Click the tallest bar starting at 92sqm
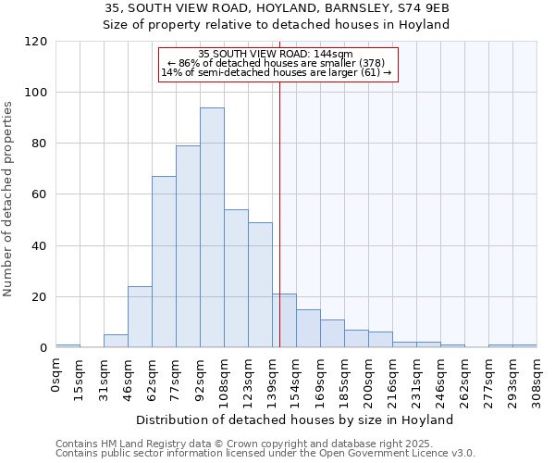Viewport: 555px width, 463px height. pos(212,228)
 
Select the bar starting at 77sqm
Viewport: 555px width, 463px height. pos(188,246)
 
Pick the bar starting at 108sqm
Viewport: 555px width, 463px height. pos(236,279)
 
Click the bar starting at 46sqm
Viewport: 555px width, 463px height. pos(140,317)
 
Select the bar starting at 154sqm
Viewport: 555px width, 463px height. pos(308,329)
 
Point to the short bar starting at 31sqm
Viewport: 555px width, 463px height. pos(116,341)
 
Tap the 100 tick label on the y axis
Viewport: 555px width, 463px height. pos(36,93)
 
